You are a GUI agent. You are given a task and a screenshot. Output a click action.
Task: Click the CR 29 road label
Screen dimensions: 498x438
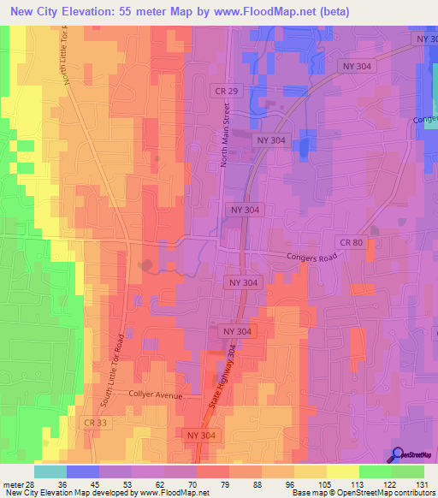[x=222, y=90]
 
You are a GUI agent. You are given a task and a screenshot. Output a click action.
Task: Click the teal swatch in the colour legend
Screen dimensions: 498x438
[x=50, y=471]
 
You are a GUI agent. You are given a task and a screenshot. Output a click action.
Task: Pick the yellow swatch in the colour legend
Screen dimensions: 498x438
[x=343, y=471]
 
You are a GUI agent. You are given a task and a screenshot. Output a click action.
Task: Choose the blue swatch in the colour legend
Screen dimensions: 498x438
[x=83, y=471]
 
